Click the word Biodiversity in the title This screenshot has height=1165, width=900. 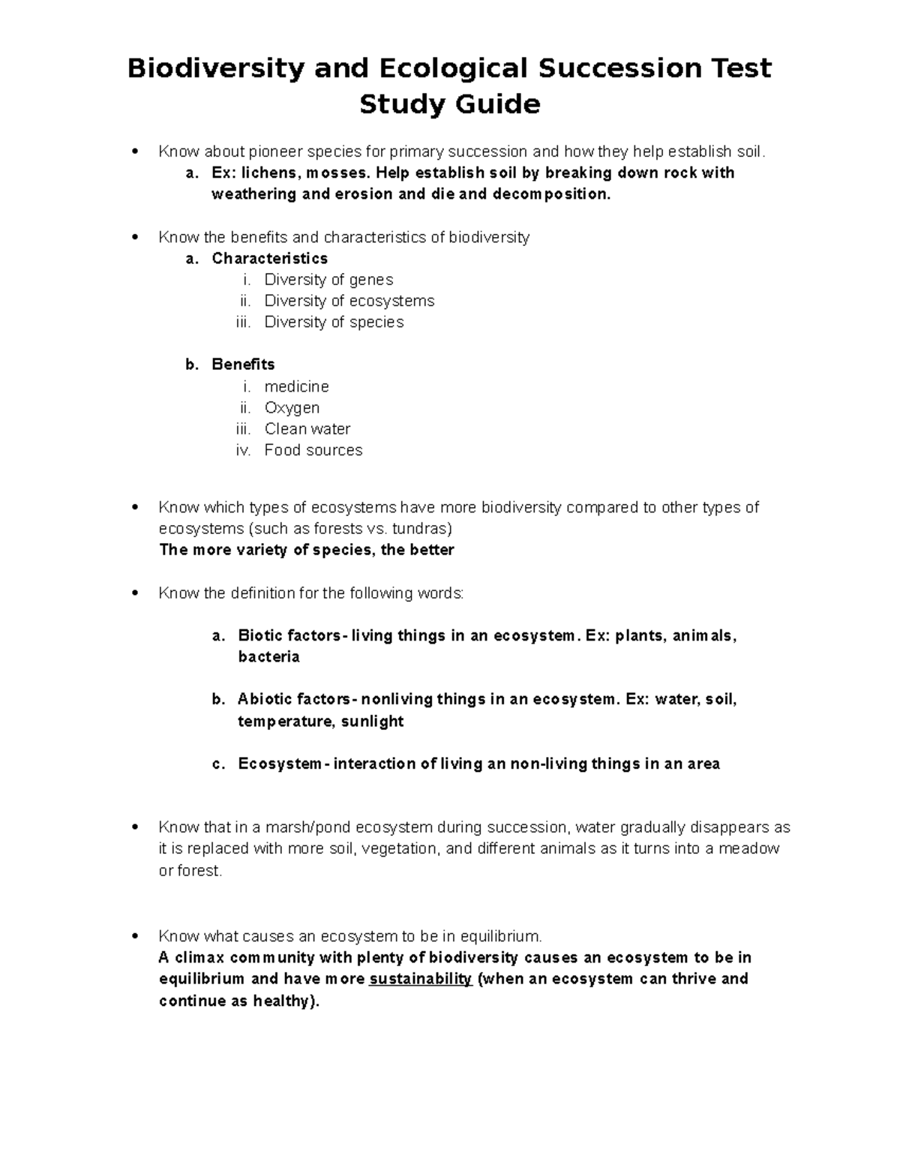pyautogui.click(x=216, y=68)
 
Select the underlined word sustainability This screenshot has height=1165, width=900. pyautogui.click(x=421, y=979)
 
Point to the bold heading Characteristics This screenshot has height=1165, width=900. pyautogui.click(x=270, y=259)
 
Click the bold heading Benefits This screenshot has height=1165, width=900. pyautogui.click(x=243, y=365)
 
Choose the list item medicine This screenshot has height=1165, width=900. pyautogui.click(x=297, y=387)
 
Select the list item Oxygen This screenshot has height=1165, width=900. pyautogui.click(x=292, y=408)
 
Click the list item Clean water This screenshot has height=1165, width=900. pyautogui.click(x=307, y=429)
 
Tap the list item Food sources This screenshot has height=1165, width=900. pyautogui.click(x=313, y=450)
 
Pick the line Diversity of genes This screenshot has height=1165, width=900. pyautogui.click(x=328, y=280)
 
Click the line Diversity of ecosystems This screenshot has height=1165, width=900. pyautogui.click(x=349, y=301)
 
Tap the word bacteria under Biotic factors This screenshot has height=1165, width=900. pyautogui.click(x=268, y=657)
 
